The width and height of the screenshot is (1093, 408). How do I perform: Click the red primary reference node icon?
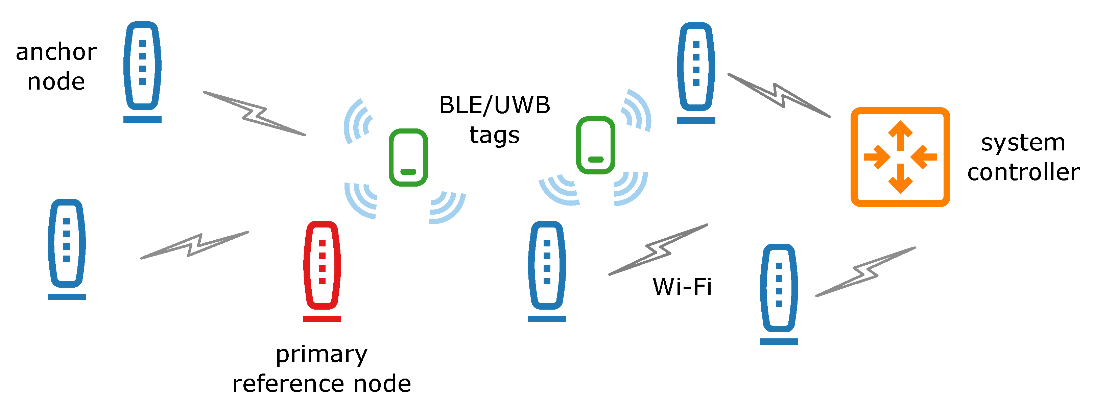click(x=322, y=265)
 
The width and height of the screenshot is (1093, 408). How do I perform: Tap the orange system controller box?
click(x=900, y=157)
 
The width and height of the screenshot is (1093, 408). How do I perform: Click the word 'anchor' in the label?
click(x=56, y=52)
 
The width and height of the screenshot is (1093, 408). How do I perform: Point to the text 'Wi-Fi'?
click(x=682, y=287)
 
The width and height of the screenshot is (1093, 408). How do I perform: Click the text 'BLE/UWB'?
click(x=494, y=105)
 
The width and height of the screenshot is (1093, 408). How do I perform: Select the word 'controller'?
click(x=1023, y=172)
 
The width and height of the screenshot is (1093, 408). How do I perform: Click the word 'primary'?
click(x=322, y=354)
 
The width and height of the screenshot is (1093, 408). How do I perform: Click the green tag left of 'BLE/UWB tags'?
click(x=408, y=157)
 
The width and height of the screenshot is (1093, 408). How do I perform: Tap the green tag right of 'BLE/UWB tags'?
click(x=595, y=145)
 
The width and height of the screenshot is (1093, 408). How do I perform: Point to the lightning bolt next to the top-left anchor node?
click(x=255, y=114)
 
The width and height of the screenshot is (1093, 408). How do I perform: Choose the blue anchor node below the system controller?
click(x=779, y=288)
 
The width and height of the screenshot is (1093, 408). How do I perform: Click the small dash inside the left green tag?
click(x=408, y=172)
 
